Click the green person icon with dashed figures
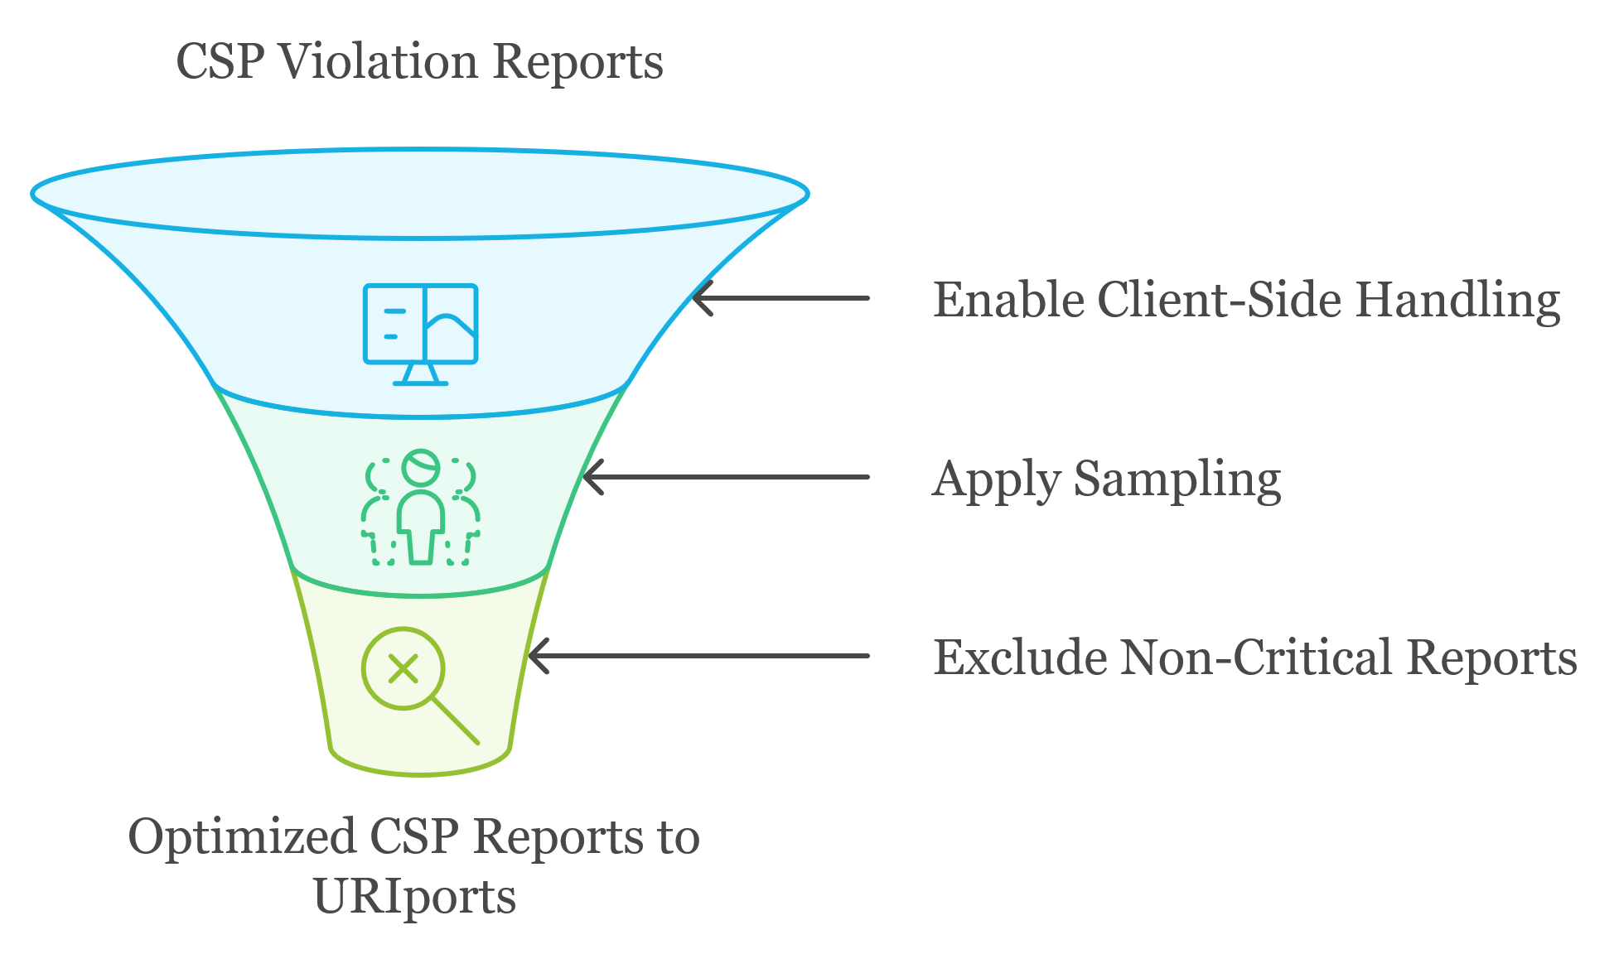tap(420, 508)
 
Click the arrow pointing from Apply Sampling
tap(726, 477)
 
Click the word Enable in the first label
tap(1008, 299)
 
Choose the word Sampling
tap(1177, 480)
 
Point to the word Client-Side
tap(1222, 299)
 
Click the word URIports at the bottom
tap(414, 897)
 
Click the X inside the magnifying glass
tap(403, 668)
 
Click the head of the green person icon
tap(421, 467)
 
